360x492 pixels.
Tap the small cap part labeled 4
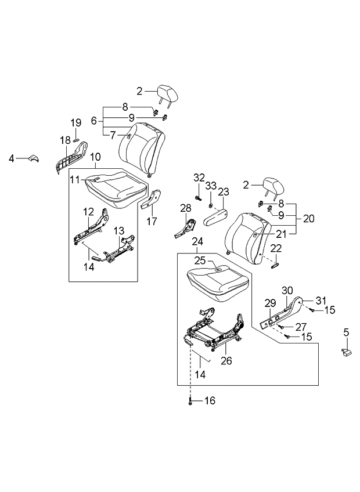click(33, 158)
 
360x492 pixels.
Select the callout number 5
click(346, 332)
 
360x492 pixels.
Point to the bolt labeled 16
click(190, 401)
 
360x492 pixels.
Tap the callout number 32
click(199, 178)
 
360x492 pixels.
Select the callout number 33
click(211, 186)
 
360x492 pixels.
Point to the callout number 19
click(76, 122)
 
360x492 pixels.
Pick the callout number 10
click(95, 157)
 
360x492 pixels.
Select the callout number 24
click(197, 241)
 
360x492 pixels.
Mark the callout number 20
click(308, 219)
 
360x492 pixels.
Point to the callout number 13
click(118, 231)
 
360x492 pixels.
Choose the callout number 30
click(286, 290)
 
